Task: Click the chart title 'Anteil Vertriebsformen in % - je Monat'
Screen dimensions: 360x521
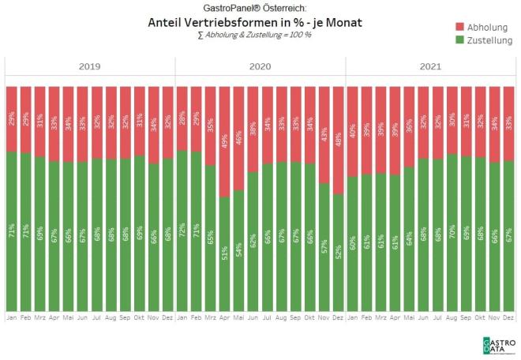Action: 255,23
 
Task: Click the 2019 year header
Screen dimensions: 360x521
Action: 89,67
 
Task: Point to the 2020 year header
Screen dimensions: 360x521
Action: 260,67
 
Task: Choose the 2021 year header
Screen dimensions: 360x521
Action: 430,67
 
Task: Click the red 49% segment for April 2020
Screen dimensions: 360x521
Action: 224,141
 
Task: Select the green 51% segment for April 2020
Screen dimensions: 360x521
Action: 224,253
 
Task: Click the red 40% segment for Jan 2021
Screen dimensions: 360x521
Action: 352,131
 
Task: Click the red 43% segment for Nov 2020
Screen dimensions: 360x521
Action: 324,134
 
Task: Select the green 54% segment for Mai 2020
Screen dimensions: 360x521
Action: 238,250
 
